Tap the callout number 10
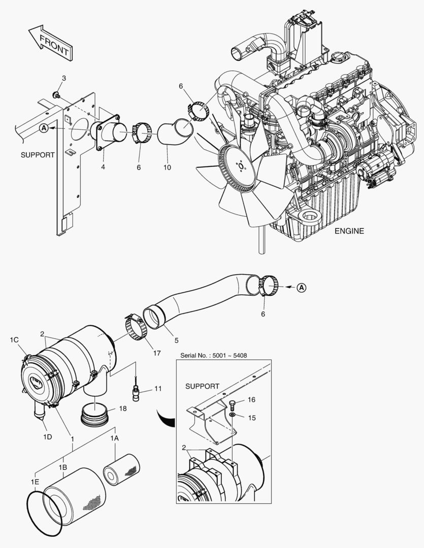click(167, 167)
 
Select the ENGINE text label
click(349, 231)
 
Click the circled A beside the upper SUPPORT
click(44, 129)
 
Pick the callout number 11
click(158, 389)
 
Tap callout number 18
click(123, 408)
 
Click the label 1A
click(115, 436)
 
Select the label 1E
click(35, 481)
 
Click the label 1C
click(14, 339)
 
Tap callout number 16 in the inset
click(251, 400)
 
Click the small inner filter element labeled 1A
click(122, 467)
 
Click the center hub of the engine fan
click(239, 166)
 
